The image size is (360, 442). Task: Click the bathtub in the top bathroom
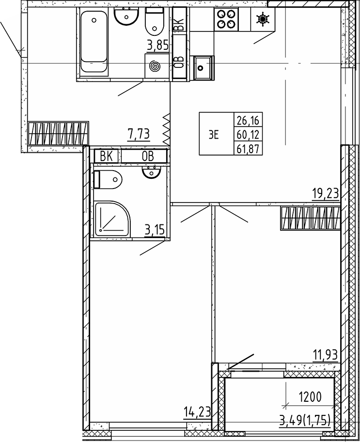click(x=94, y=42)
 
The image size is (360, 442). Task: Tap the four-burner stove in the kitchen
click(x=226, y=19)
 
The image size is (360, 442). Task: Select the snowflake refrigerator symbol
click(x=263, y=19)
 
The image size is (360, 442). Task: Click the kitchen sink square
click(x=202, y=68)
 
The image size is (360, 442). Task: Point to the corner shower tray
click(x=112, y=219)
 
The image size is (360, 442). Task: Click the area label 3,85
click(x=157, y=46)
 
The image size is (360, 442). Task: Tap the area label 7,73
click(x=138, y=134)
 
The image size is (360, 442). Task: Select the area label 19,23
click(x=325, y=194)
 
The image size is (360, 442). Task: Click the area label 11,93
click(x=325, y=355)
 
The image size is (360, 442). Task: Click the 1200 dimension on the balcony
click(x=310, y=397)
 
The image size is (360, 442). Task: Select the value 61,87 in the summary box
click(x=248, y=148)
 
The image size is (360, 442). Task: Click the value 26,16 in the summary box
click(x=248, y=121)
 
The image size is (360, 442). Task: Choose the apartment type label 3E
click(x=214, y=136)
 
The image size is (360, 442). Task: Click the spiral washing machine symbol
click(x=155, y=66)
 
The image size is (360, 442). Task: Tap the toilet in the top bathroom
click(x=155, y=21)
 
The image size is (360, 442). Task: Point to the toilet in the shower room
click(x=108, y=179)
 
